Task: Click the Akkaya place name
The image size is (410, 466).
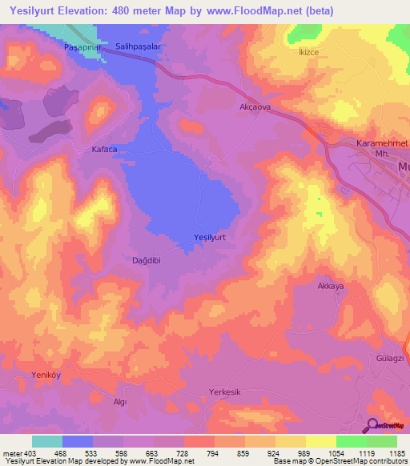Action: coord(331,286)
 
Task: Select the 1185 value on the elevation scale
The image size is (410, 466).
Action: coord(396,453)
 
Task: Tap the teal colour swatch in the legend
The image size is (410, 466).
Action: coord(47,441)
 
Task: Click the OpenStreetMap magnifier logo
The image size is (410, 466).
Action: coord(373,426)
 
